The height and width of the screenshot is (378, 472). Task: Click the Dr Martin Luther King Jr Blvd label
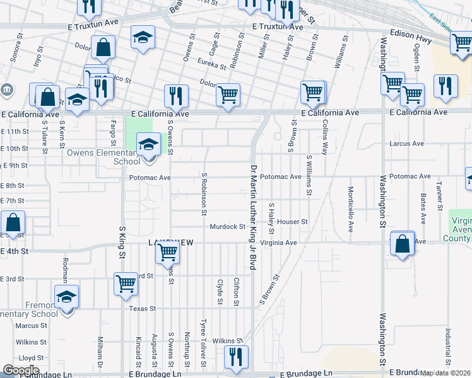[x=253, y=217]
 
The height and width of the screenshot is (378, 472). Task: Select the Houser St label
[x=292, y=222]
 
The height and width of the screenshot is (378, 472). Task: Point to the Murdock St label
[x=227, y=226]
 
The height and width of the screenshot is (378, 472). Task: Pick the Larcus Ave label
[x=407, y=144]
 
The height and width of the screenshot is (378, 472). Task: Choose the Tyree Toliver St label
[x=203, y=342]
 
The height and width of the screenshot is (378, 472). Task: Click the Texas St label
[x=142, y=309]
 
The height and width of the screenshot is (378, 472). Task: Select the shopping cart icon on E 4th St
[x=168, y=252]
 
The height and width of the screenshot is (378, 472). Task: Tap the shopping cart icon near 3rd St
[x=126, y=283]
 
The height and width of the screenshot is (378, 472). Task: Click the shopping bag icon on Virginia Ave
[x=402, y=243]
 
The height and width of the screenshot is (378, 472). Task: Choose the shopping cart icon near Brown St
[x=312, y=93]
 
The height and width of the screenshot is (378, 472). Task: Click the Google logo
[x=21, y=370]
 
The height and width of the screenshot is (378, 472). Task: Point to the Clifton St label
[x=236, y=292]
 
